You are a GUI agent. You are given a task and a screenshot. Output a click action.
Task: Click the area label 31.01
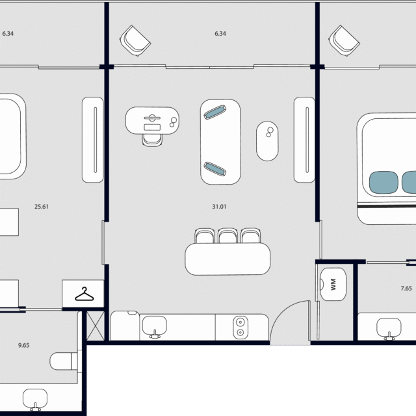point(219,207)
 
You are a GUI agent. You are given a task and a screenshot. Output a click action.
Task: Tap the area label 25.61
point(42,207)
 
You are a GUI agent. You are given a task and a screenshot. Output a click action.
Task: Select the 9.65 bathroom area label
point(23,345)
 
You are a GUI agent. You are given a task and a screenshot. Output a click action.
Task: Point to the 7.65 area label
point(406,288)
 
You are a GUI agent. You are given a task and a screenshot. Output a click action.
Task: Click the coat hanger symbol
point(84,294)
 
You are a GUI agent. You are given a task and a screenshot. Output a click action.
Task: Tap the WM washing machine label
point(333,284)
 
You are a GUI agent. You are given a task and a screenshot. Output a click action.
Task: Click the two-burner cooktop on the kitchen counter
point(240,328)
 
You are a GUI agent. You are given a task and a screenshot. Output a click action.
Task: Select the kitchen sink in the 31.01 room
point(155,326)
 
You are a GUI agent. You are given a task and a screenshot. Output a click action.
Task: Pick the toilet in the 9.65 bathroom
point(64,361)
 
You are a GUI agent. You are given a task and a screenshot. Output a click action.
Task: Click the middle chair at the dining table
point(227,236)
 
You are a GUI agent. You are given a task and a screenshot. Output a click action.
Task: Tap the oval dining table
point(227,259)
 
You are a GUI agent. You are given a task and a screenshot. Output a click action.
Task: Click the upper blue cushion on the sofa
point(215,112)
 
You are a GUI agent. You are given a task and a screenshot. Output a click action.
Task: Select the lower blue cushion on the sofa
point(215,169)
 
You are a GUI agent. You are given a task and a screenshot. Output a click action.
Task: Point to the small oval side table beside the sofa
point(267,141)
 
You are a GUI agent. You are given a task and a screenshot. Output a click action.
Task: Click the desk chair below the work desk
point(152,140)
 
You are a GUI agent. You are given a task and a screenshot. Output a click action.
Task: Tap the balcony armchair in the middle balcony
point(135,40)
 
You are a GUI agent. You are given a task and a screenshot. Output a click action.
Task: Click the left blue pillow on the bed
point(383,182)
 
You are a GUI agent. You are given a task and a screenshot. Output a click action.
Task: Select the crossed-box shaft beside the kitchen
point(96,326)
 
